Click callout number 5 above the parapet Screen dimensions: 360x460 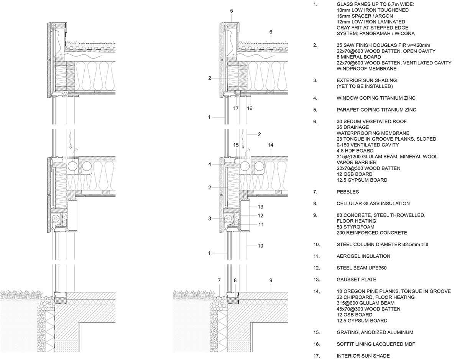[x=232, y=11]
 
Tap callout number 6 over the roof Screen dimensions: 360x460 [x=271, y=32]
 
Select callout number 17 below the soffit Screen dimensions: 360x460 [x=236, y=108]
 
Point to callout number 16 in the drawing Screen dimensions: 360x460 [x=250, y=108]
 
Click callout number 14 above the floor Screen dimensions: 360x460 [x=271, y=145]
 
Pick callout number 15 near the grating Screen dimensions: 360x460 [x=236, y=145]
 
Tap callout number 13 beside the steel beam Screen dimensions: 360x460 [x=260, y=206]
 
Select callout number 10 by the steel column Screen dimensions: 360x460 [x=260, y=246]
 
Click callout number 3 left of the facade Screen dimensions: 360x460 [x=210, y=219]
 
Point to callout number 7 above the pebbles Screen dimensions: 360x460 [x=219, y=280]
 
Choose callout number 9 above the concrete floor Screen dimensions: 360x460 [x=271, y=280]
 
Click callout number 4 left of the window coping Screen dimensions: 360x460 [x=210, y=164]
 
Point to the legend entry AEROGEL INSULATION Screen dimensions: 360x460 [x=363, y=256]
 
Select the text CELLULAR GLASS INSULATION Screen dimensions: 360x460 [x=373, y=204]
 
